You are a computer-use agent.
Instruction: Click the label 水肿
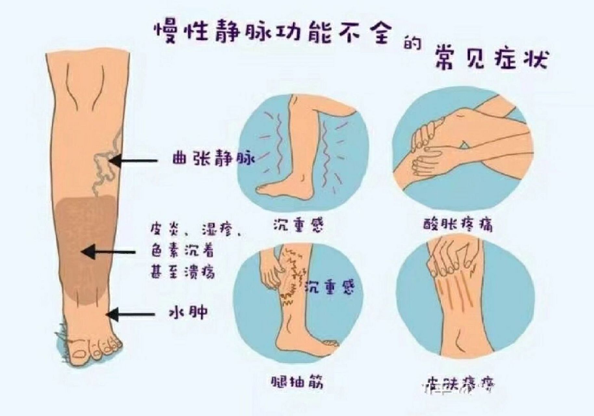189,313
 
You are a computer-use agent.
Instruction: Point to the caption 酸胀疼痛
458,225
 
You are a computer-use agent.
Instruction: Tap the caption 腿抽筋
297,382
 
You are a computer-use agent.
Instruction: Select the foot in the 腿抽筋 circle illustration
302,341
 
